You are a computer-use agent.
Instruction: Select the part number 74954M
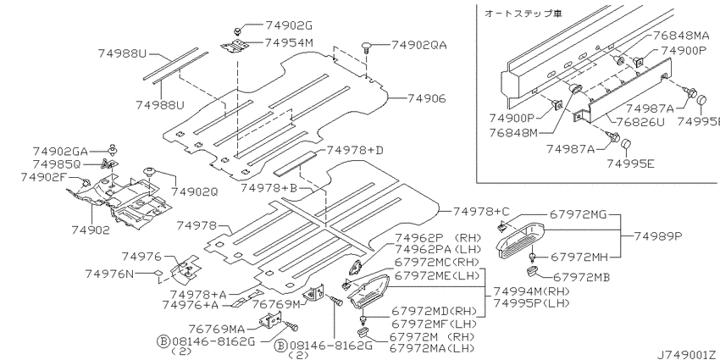pyautogui.click(x=289, y=42)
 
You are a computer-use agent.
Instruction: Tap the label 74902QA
pyautogui.click(x=418, y=45)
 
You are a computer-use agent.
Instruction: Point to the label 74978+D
pyautogui.click(x=354, y=151)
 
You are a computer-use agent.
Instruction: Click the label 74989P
pyautogui.click(x=658, y=236)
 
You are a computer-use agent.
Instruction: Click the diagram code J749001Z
pyautogui.click(x=689, y=354)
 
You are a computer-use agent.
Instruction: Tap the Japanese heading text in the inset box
pyautogui.click(x=523, y=14)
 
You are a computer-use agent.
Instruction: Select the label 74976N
pyautogui.click(x=109, y=274)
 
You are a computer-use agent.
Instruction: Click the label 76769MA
pyautogui.click(x=217, y=329)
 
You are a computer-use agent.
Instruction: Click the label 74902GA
pyautogui.click(x=60, y=151)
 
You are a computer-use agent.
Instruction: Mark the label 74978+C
pyautogui.click(x=481, y=211)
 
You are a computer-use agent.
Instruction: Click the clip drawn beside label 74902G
pyautogui.click(x=238, y=31)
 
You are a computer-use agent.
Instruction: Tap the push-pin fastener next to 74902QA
pyautogui.click(x=367, y=47)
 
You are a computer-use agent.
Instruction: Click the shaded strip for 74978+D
pyautogui.click(x=296, y=163)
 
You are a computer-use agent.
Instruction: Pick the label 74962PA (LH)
pyautogui.click(x=438, y=249)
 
